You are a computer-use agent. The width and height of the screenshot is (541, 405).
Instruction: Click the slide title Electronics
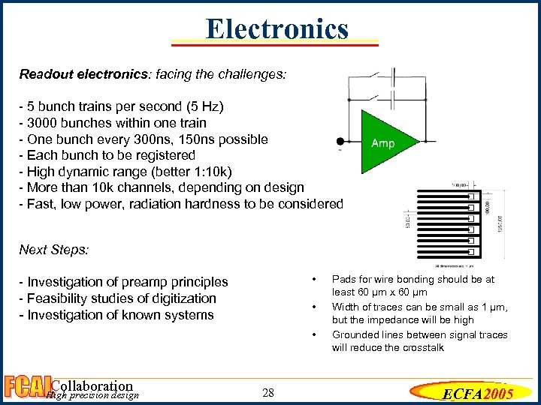point(277,29)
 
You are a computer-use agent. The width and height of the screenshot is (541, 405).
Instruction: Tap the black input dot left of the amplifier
point(340,141)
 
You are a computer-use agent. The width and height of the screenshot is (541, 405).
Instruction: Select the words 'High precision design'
point(92,395)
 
